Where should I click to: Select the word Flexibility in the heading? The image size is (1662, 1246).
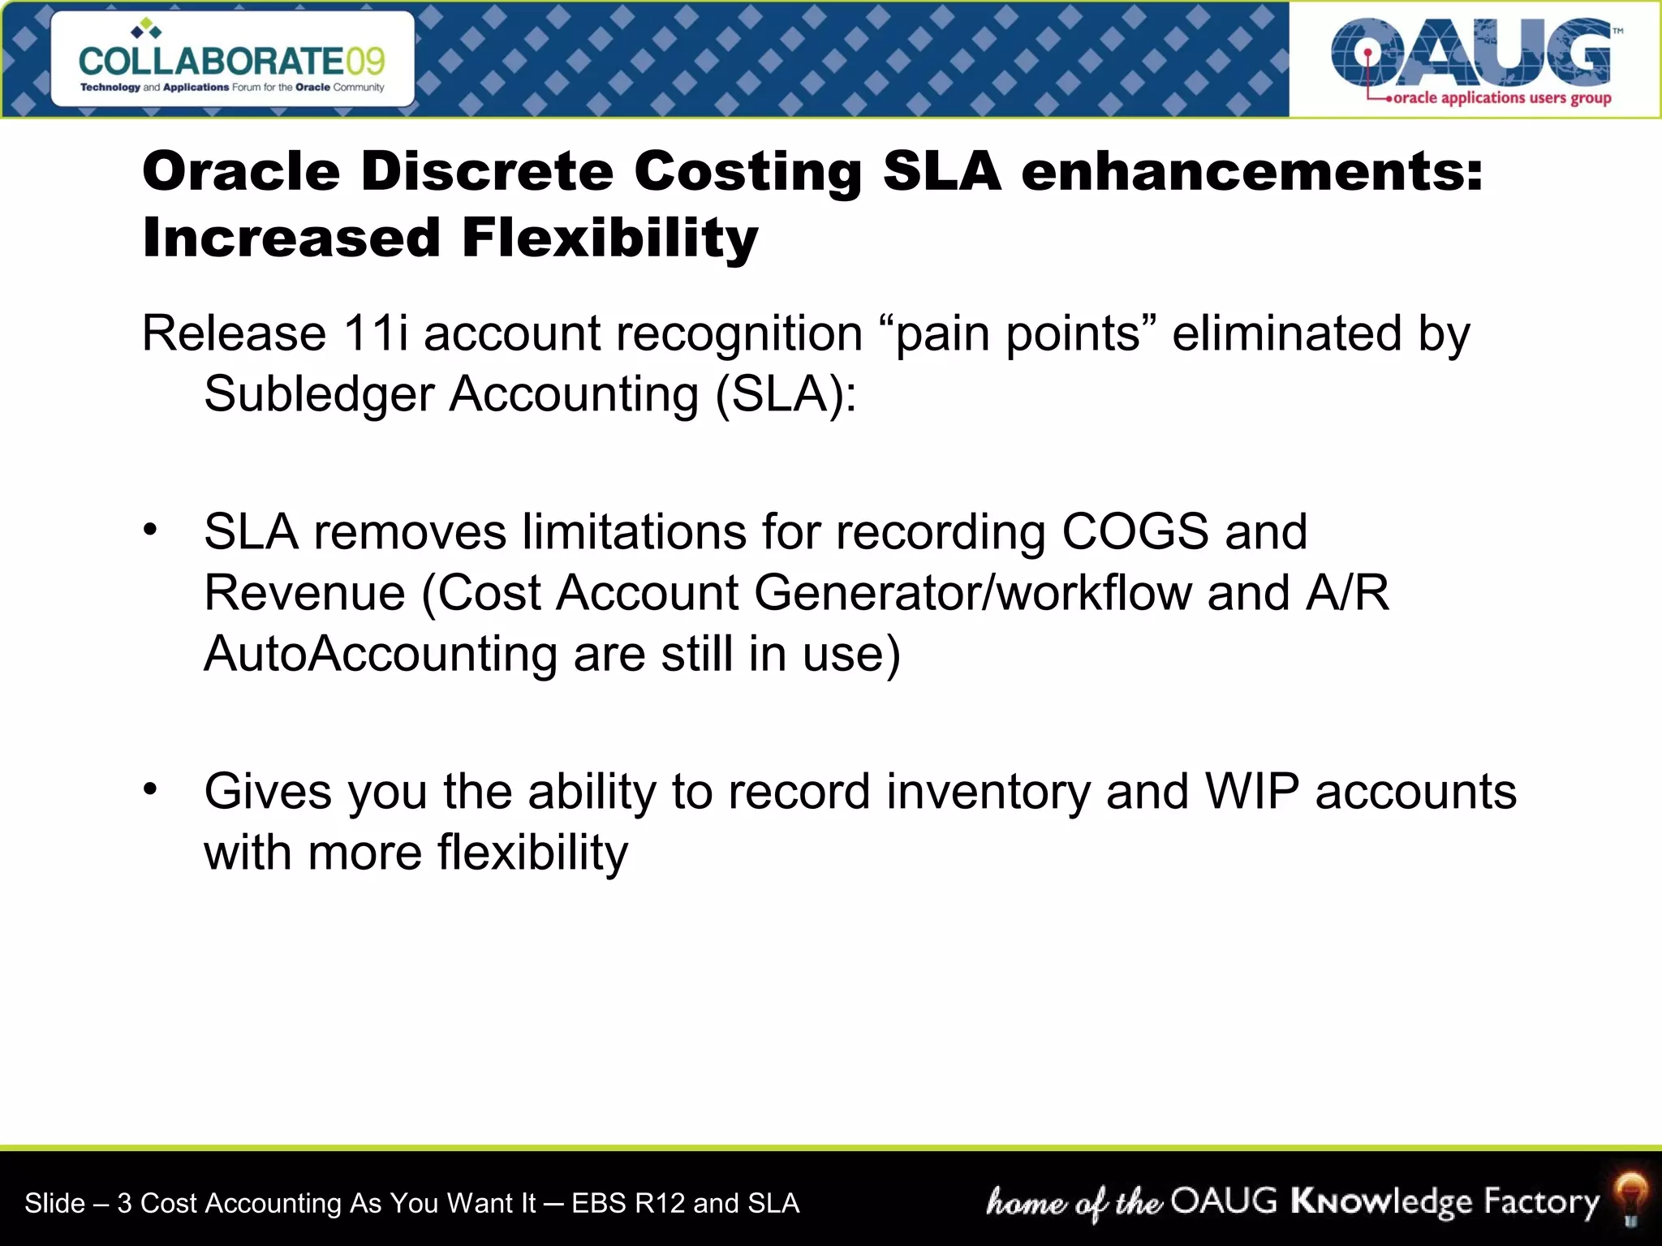pos(609,238)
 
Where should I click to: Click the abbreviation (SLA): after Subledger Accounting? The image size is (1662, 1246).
pos(786,394)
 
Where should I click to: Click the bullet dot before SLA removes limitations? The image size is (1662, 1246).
pos(150,530)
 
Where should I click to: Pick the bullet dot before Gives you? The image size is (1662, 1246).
pos(150,788)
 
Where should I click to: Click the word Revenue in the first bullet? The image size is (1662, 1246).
pos(304,593)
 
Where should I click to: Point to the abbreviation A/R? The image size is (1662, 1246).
pos(1348,593)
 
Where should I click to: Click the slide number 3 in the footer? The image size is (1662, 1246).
pos(124,1203)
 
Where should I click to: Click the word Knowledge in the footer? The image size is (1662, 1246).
pos(1381,1202)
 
